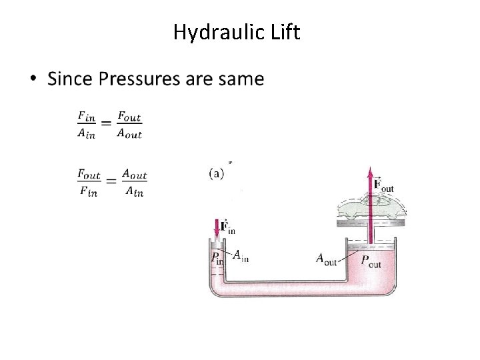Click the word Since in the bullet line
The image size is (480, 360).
(x=70, y=80)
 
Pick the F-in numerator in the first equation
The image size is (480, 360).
(x=87, y=117)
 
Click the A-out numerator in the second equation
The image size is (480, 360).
(x=135, y=175)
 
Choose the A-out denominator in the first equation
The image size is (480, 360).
(x=129, y=133)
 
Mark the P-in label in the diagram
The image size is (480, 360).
(x=217, y=258)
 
